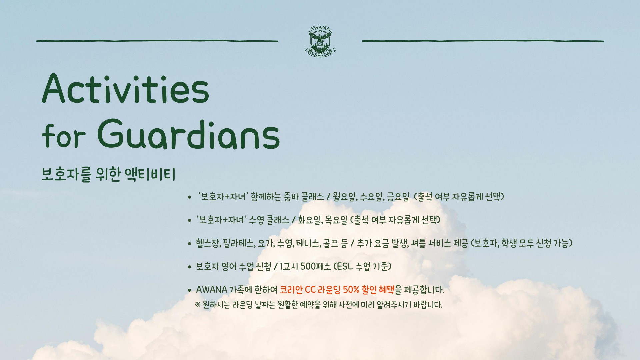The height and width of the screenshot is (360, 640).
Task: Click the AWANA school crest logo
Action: coord(320,41)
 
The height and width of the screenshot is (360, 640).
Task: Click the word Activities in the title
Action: coord(125,88)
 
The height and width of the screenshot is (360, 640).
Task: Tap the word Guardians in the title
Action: coord(188,133)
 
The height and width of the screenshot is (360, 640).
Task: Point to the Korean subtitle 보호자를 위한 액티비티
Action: coord(108,174)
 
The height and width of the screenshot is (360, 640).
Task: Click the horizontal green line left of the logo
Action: coord(157,41)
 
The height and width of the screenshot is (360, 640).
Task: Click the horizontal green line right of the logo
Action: coord(483,41)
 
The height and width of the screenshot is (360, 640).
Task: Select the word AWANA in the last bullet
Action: coord(211,290)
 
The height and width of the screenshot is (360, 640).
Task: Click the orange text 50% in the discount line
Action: coord(351,290)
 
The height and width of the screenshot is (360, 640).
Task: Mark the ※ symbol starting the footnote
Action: coord(198,304)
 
